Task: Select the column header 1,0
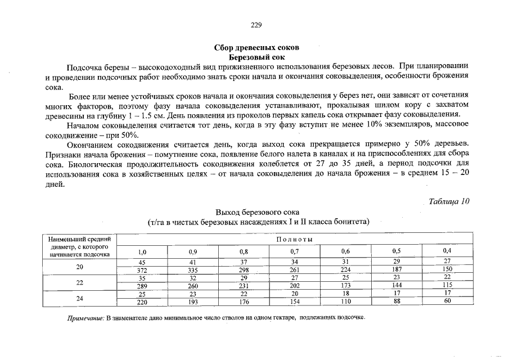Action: [142, 251]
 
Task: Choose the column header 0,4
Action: [447, 250]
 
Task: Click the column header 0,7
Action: [294, 251]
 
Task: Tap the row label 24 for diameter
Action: [79, 298]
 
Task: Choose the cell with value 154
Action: [294, 302]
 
